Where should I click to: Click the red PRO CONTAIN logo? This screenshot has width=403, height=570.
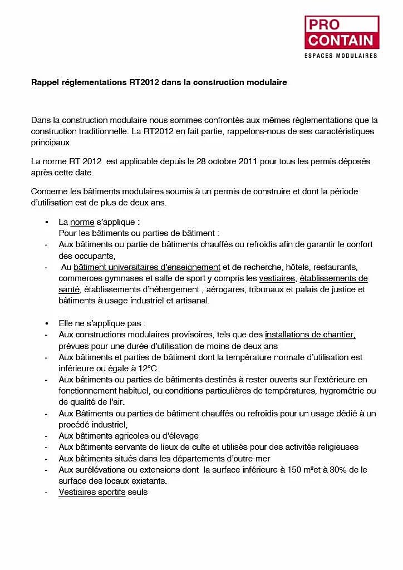coord(341,32)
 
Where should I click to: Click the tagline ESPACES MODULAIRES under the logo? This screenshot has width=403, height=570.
coord(341,56)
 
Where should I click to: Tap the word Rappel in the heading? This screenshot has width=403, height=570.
coord(44,82)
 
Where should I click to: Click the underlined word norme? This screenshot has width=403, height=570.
coord(82,222)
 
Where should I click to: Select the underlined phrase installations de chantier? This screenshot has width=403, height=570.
coord(310,335)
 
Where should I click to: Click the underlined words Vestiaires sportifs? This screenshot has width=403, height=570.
coord(92,492)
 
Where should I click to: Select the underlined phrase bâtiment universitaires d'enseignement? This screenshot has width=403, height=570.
coord(147,267)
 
